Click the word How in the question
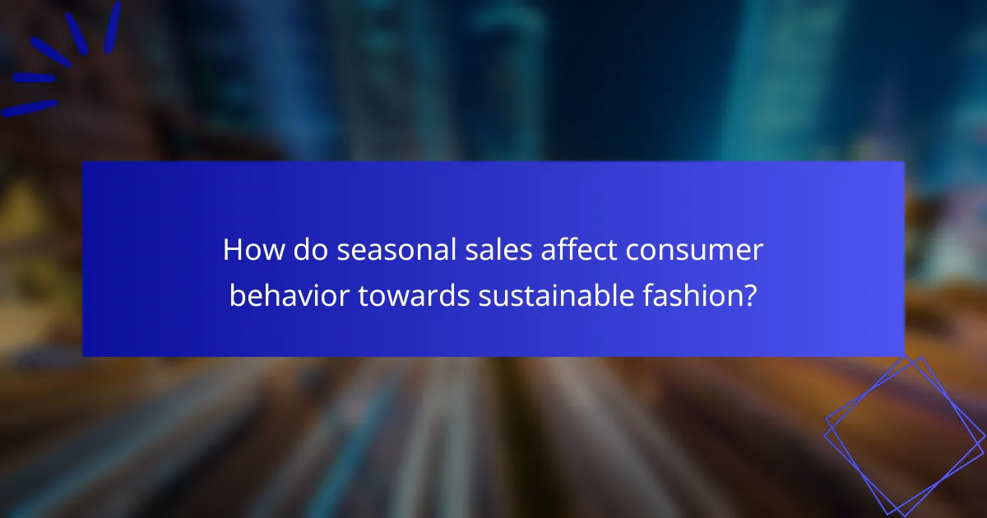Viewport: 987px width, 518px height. coord(248,251)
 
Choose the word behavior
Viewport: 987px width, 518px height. coord(288,295)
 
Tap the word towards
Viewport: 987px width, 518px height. coord(413,295)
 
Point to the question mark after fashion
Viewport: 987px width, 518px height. coord(750,295)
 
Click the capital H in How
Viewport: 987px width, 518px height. coord(232,251)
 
